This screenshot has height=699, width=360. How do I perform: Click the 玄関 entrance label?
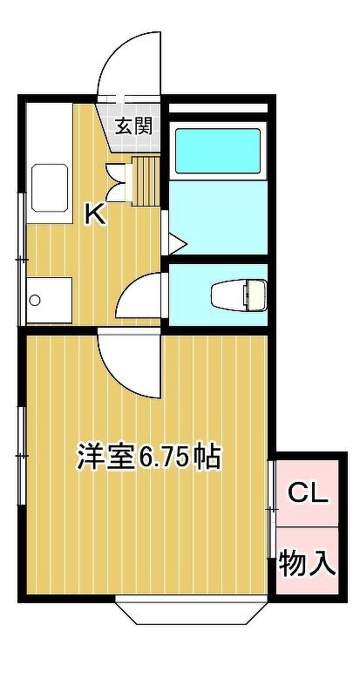(134, 126)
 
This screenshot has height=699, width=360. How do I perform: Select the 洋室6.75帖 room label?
(149, 456)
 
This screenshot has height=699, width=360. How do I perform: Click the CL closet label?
(308, 493)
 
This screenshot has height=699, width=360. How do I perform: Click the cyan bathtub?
(218, 151)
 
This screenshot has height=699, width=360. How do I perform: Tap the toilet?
(239, 295)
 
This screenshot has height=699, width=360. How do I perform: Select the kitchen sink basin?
(50, 187)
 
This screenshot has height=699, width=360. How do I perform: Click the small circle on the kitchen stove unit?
(35, 300)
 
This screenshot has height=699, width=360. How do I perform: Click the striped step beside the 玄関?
(146, 180)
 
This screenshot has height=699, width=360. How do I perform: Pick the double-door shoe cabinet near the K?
(119, 183)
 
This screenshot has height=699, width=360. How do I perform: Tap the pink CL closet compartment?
(307, 493)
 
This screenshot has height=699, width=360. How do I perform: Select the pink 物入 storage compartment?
(307, 560)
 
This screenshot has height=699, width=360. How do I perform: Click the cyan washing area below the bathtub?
(218, 217)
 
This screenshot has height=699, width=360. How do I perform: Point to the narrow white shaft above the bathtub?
(218, 108)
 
